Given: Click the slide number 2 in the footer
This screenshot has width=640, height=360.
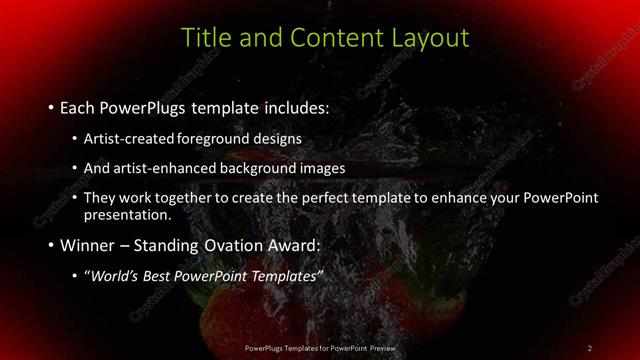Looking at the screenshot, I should point(590,348).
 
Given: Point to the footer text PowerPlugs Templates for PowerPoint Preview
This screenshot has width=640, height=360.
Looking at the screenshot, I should point(320,348).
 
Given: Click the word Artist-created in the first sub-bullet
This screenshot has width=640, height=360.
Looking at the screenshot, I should point(127,138).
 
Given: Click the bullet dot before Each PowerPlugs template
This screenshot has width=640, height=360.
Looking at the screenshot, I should point(50,107).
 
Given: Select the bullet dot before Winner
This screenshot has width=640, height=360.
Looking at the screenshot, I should point(50,245).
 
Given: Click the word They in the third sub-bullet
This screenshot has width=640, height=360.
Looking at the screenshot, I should point(100,198).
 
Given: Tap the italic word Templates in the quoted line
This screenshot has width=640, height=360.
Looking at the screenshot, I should point(286,276).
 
